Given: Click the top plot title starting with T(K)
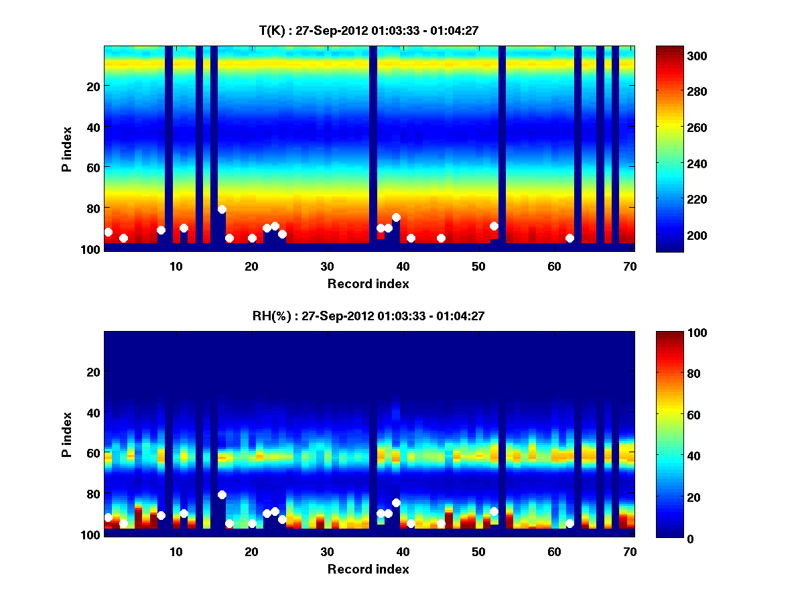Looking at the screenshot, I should [x=368, y=30].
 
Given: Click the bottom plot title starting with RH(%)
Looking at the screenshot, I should [x=368, y=316].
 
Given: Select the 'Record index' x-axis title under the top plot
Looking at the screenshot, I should [x=368, y=283].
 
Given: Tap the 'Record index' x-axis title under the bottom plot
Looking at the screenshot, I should [x=368, y=569].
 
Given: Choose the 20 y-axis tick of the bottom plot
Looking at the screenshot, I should [x=93, y=372].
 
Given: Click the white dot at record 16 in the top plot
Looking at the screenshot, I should [x=222, y=209].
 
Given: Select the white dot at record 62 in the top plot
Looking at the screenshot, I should [x=569, y=238].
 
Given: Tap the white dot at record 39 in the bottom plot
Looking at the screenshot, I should [x=396, y=503].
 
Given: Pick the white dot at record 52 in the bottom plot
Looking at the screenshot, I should [x=494, y=511].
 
